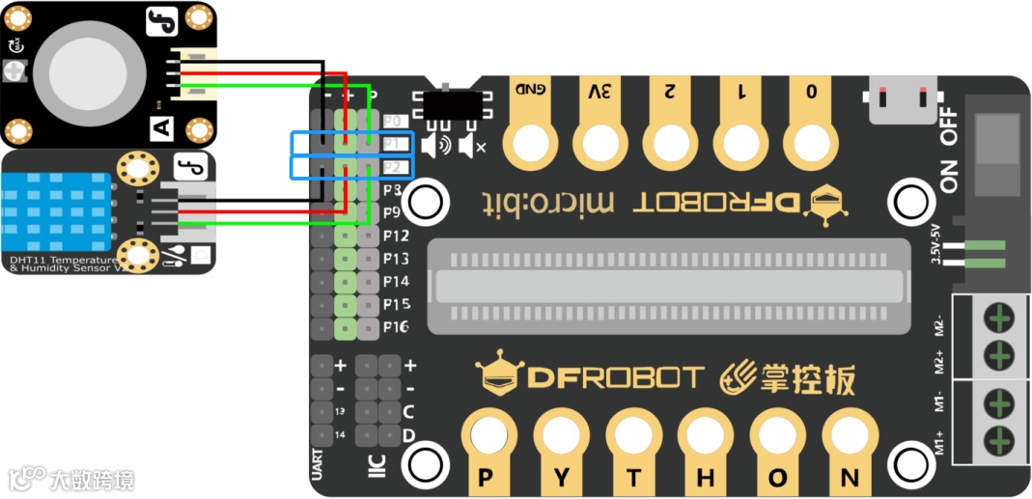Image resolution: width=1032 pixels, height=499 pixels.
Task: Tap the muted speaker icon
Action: [x=472, y=146]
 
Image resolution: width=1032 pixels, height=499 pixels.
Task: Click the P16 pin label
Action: [x=396, y=327]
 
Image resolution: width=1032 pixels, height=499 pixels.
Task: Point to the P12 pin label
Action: [x=396, y=236]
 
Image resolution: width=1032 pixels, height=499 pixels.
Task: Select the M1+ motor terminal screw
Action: [x=999, y=440]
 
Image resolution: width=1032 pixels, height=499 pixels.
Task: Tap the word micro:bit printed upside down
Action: [x=547, y=203]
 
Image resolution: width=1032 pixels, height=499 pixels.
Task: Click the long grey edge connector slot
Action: [x=672, y=287]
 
